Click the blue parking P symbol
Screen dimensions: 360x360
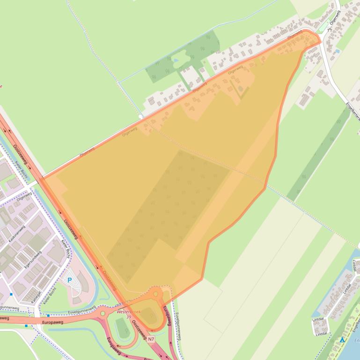[x=70, y=280]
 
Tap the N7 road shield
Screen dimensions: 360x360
[x=151, y=339]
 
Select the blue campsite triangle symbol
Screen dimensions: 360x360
[x=343, y=340]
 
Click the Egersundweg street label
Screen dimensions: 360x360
[x=33, y=260]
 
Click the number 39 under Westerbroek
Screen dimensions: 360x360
[x=128, y=317]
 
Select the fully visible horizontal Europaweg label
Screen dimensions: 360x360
[x=52, y=322]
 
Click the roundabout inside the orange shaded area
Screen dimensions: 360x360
[x=155, y=294]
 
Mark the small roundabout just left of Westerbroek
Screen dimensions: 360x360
[x=103, y=313]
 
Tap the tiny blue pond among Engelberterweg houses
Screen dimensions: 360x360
[x=337, y=50]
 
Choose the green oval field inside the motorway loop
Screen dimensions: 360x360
[x=123, y=329]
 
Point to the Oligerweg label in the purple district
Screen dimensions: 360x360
[x=23, y=198]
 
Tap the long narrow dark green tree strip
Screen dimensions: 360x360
[x=318, y=154]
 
